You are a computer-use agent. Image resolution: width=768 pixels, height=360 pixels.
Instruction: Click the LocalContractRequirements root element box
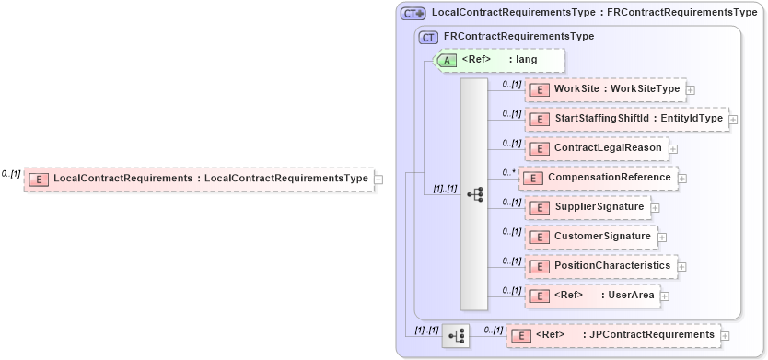coord(198,178)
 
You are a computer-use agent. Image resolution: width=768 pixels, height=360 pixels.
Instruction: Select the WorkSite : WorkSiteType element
coord(605,89)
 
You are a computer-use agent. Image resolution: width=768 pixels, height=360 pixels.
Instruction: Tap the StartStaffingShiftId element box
coord(626,119)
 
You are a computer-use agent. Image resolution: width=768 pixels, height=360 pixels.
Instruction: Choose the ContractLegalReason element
coord(597,147)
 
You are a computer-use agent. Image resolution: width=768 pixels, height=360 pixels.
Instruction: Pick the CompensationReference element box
coord(599,177)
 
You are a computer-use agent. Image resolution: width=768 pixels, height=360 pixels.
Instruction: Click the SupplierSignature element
coord(588,207)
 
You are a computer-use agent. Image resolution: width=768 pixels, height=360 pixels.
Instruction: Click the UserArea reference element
coord(592,296)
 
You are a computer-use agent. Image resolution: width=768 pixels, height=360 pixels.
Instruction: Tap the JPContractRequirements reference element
coord(613,335)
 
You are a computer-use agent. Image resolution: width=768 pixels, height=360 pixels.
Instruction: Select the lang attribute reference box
coord(498,60)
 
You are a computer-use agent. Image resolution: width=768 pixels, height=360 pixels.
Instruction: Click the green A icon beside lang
coord(447,60)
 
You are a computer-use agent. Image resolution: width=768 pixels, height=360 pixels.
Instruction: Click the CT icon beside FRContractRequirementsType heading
coord(428,37)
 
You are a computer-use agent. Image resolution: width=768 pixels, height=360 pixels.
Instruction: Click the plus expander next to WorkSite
coord(691,90)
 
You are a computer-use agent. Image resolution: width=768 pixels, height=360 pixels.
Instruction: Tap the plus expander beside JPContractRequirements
coord(725,336)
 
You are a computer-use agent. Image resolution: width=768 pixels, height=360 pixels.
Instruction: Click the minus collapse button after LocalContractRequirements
coord(379,179)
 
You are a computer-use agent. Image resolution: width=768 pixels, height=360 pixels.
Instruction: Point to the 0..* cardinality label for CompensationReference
coord(506,171)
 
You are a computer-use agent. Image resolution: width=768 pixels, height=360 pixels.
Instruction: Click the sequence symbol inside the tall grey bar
coord(474,194)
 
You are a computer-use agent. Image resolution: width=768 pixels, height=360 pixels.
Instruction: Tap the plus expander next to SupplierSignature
coord(655,208)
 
